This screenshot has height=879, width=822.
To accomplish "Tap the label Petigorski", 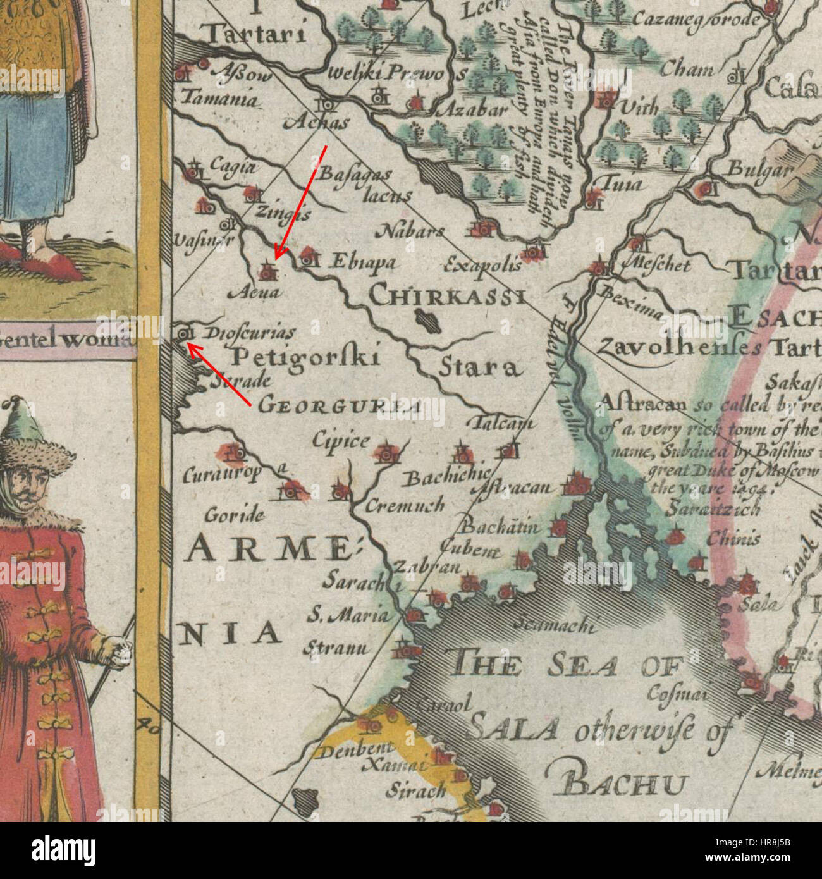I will (x=305, y=358).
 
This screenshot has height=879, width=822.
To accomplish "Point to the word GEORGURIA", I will (x=340, y=405).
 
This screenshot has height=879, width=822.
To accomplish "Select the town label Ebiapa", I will (x=364, y=262).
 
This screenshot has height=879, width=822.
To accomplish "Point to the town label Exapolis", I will (x=482, y=264).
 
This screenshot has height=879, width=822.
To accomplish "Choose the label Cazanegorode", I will (x=695, y=20).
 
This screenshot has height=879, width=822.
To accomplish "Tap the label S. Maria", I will (x=347, y=613).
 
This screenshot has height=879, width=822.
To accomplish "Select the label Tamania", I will (x=220, y=99).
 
